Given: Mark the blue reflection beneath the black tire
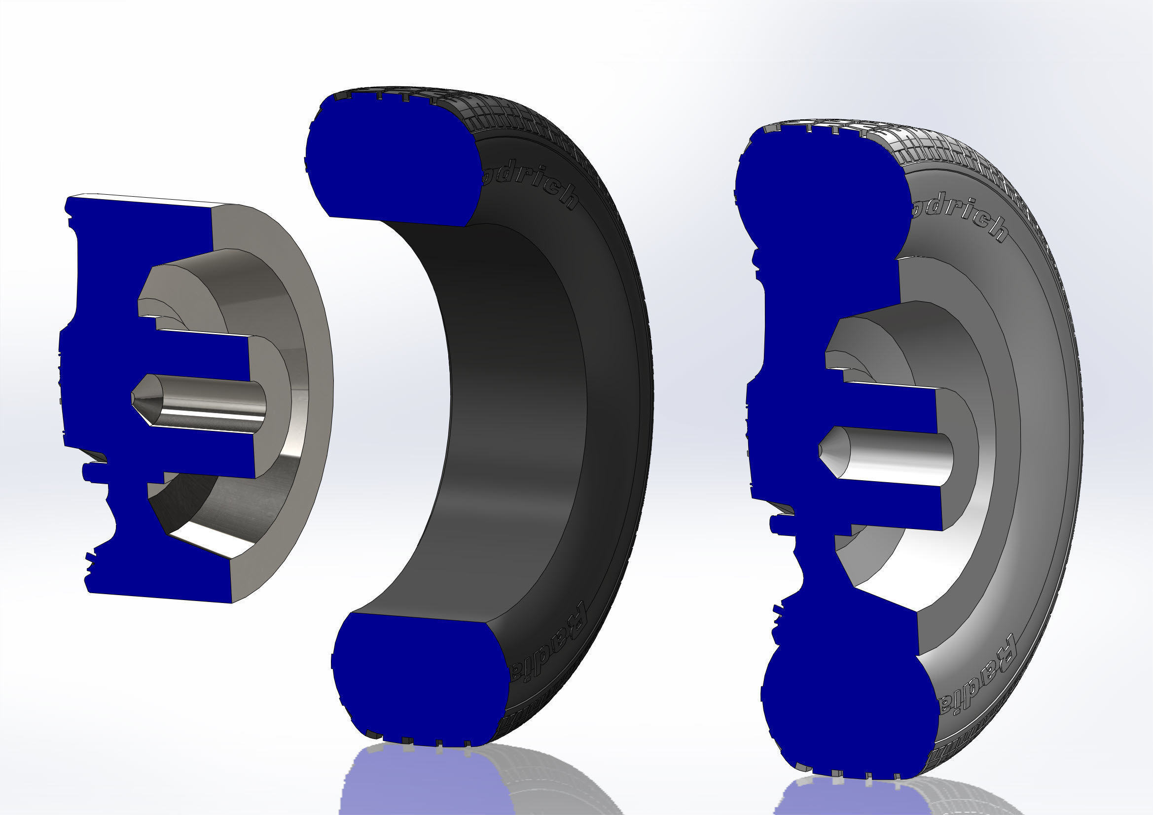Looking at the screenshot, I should (x=417, y=783).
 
